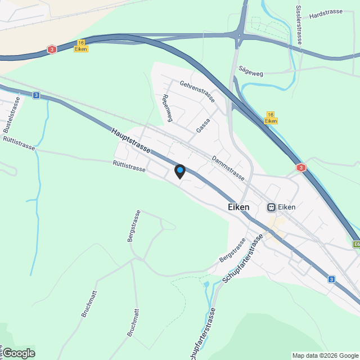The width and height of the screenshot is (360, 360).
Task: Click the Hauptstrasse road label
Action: coord(130,141)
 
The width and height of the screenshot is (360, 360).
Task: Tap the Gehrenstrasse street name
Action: coord(197,91)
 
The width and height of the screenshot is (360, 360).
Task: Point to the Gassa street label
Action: coord(203,125)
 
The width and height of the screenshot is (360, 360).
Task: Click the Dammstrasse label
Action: coord(228,168)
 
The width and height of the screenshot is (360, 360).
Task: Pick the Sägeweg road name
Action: coord(251,70)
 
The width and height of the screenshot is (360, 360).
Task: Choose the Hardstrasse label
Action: coord(326,12)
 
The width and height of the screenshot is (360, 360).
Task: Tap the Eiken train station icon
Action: coord(271,207)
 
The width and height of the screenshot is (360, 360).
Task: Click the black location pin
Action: coord(179,172)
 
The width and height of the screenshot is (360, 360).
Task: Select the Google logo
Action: coord(18,353)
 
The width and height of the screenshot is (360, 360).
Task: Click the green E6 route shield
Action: coord(357,244)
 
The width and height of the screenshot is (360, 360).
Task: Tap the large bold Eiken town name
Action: coord(238,207)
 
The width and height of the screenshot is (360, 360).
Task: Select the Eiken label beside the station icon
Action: coord(287,207)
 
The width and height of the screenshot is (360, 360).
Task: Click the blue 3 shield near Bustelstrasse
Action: coord(36,96)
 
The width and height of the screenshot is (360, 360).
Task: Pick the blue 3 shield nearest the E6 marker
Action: coord(332,279)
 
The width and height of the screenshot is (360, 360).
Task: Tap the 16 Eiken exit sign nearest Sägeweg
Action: coord(271,118)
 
